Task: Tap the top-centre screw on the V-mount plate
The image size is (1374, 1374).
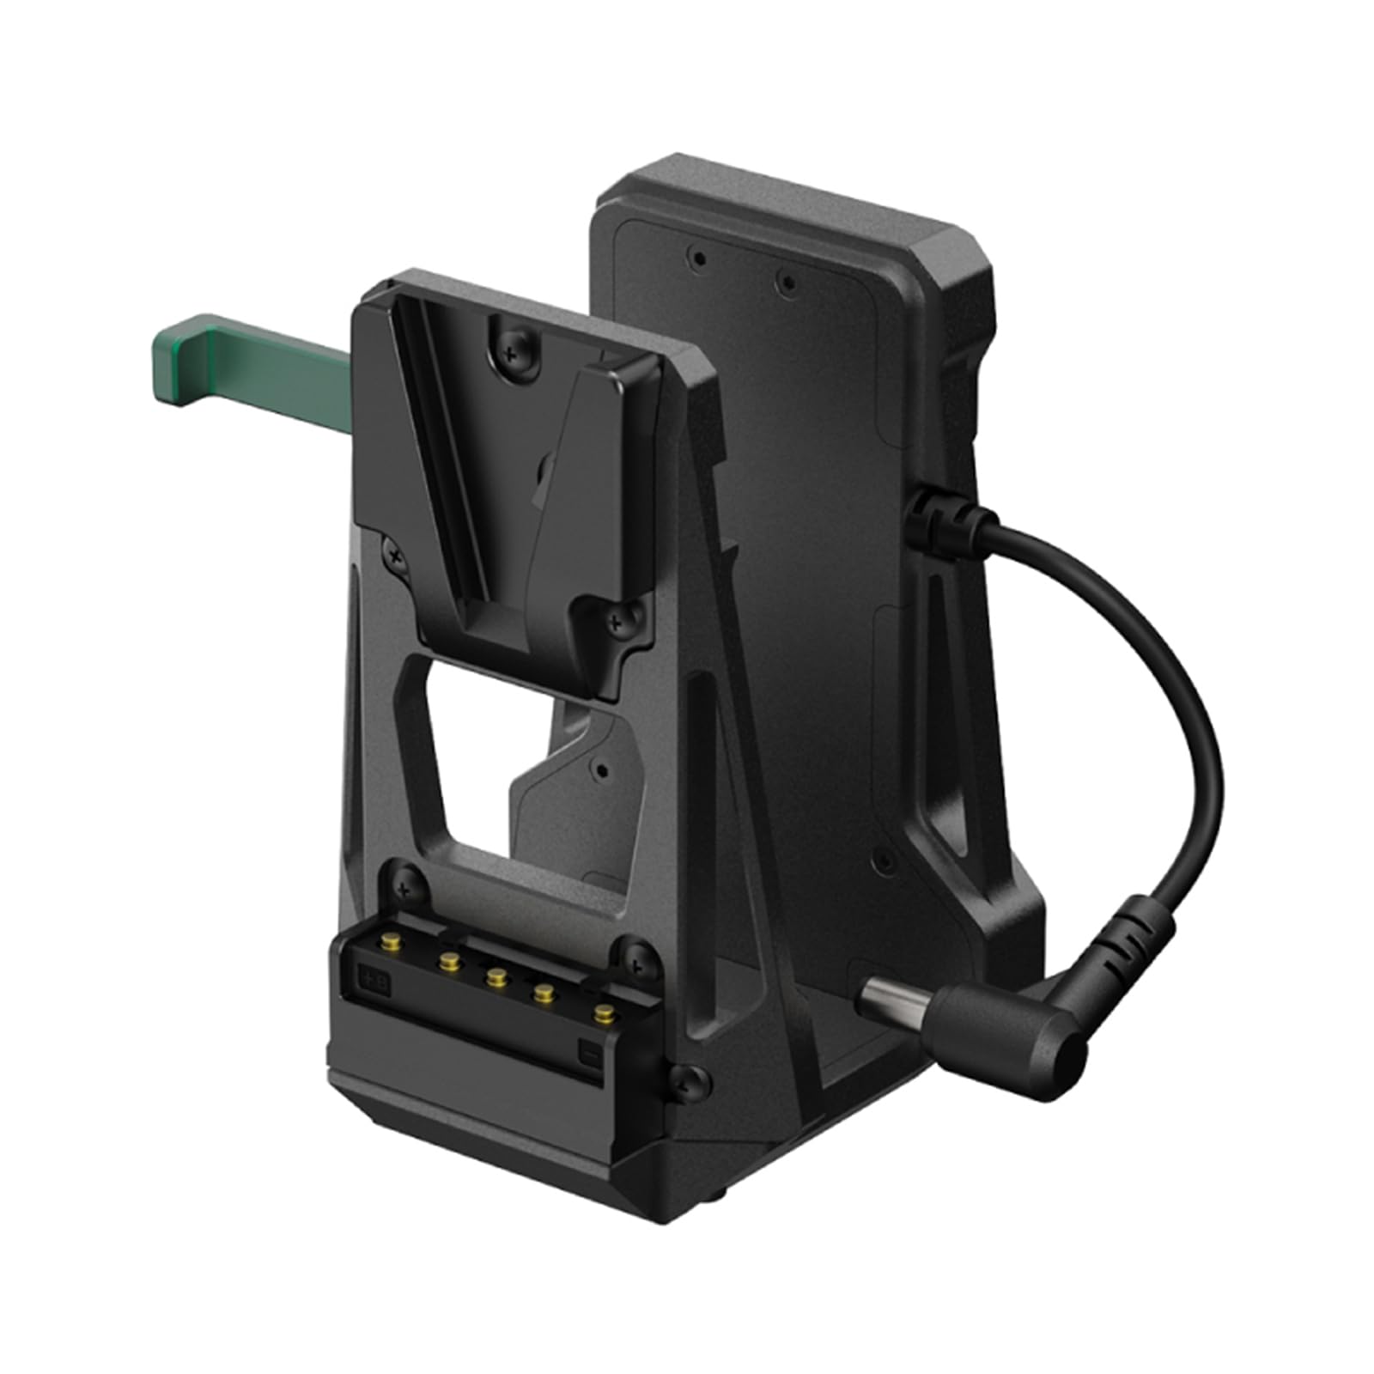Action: (x=512, y=351)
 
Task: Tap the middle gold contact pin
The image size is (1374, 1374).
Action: (x=495, y=975)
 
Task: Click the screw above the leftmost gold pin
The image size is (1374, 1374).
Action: (x=406, y=880)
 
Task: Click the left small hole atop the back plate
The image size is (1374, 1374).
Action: (x=701, y=257)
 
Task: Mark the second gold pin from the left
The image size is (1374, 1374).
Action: (x=447, y=958)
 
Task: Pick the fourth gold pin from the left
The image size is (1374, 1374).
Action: (x=543, y=994)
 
